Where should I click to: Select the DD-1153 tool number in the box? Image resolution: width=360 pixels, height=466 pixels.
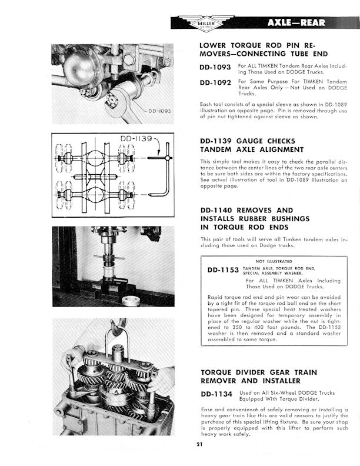point(223,271)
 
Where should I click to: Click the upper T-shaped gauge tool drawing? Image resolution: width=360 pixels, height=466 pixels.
point(160,158)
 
